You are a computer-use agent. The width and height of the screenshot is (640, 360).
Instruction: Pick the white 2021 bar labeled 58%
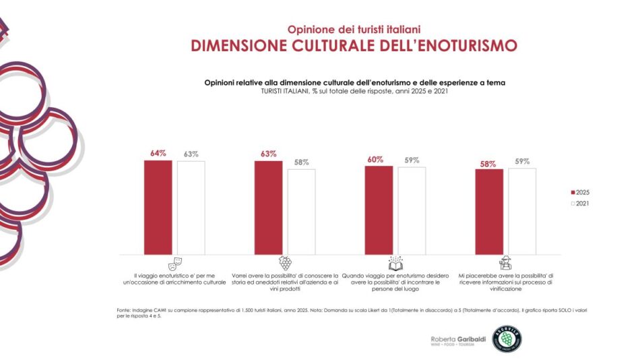point(301,212)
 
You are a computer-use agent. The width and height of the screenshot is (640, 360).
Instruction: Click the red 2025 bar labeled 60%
point(379,210)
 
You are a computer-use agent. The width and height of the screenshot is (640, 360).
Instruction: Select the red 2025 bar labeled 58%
point(489,212)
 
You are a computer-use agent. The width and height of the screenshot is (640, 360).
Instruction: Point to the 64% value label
point(158,154)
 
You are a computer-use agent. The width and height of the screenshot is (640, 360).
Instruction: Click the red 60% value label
point(375,159)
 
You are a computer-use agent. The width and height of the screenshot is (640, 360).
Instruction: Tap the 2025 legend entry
point(579,192)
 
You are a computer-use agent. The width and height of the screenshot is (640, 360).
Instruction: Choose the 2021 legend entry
point(579,203)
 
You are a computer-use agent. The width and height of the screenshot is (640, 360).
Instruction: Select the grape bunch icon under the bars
point(285,263)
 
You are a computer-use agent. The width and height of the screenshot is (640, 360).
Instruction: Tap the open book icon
point(395,263)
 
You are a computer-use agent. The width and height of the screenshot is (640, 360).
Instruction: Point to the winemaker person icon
point(505,263)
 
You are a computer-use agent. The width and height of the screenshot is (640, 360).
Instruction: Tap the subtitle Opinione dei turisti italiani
point(354,30)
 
